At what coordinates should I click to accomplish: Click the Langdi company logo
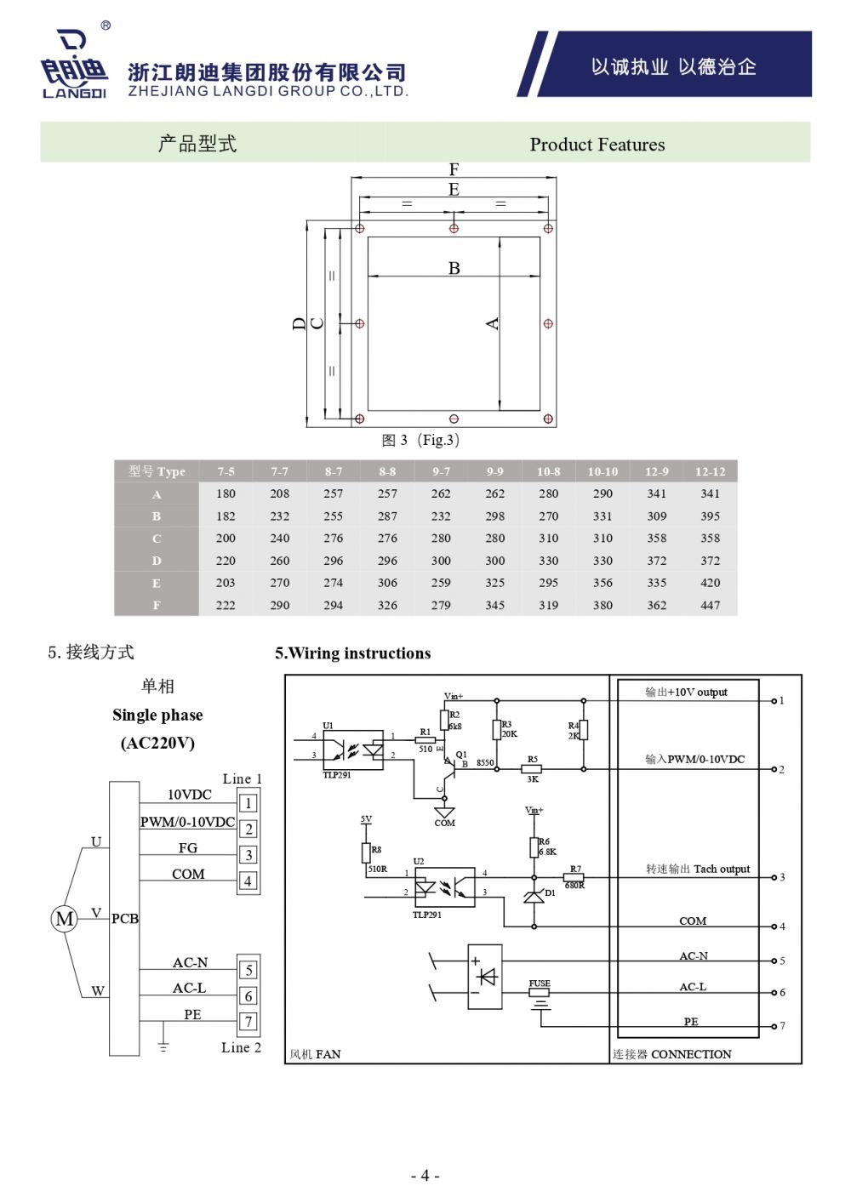coord(74,64)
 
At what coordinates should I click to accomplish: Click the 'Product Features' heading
coord(597,145)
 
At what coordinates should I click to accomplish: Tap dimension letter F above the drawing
coord(454,169)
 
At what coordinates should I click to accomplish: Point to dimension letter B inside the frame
coord(454,268)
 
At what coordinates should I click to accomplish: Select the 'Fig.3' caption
coord(420,440)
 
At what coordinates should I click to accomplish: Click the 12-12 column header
coord(710,471)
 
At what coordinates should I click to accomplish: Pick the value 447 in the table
coord(710,606)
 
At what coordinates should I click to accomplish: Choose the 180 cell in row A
coord(226,493)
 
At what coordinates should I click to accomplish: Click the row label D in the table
coord(157,561)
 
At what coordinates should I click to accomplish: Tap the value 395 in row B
coord(710,516)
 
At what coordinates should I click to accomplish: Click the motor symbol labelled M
coord(65,919)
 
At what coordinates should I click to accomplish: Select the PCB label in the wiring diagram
coord(124,919)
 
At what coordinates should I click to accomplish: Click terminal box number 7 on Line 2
coord(248,1022)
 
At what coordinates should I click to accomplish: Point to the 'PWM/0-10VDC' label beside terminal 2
coord(187,822)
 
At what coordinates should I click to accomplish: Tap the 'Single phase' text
coord(157,715)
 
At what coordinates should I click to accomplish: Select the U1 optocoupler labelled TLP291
coord(352,750)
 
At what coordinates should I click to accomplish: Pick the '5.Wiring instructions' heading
coord(352,653)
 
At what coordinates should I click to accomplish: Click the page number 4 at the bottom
coord(425,1176)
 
